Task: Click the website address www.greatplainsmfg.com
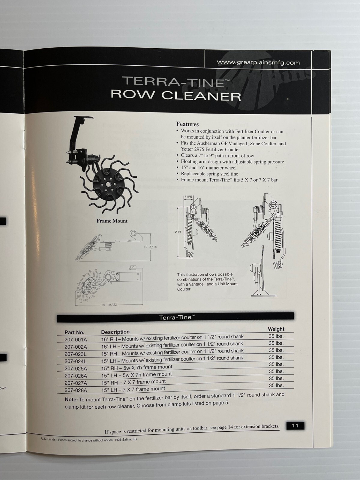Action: point(258,63)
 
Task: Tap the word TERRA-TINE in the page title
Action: point(173,82)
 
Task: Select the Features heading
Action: point(187,124)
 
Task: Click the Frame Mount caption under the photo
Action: point(112,221)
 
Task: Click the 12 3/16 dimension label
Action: point(150,247)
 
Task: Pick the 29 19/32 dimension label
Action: point(109,304)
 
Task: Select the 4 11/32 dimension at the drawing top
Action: point(188,197)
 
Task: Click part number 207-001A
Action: point(76,340)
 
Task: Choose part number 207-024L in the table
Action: point(76,361)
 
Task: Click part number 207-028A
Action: point(76,390)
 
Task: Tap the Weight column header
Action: point(276,329)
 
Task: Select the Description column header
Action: point(115,332)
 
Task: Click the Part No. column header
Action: point(74,332)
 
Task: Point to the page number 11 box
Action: point(295,425)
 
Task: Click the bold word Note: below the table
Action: point(71,400)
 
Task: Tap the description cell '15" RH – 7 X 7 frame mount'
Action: point(133,382)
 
